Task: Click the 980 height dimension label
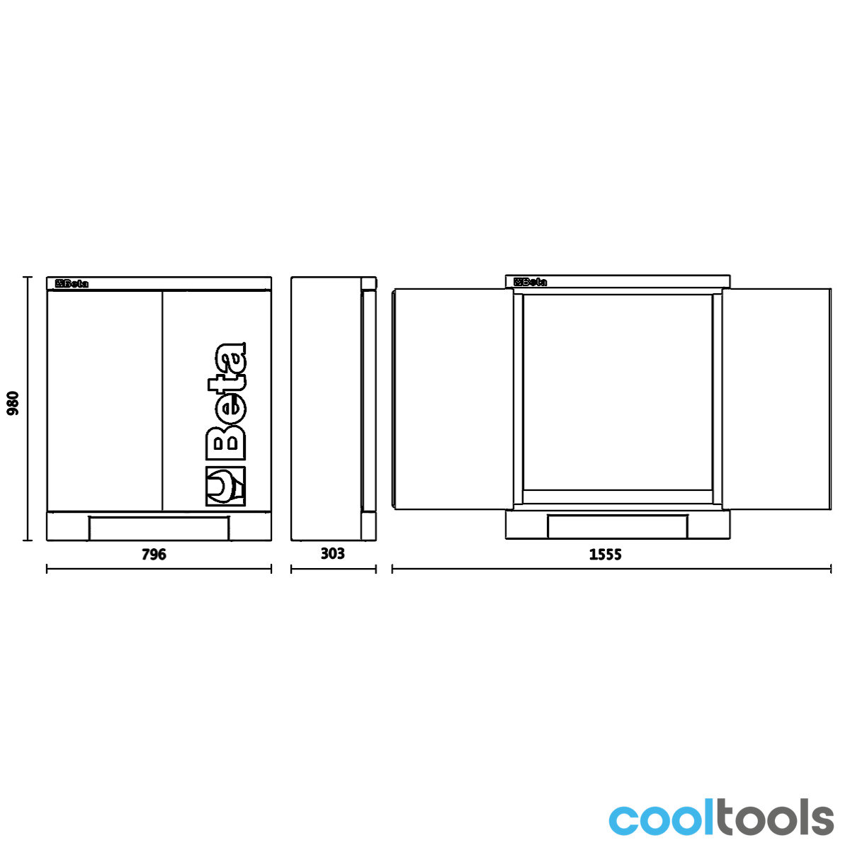[13, 403]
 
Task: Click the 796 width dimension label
[154, 554]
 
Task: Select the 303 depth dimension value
[333, 553]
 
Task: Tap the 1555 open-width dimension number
[605, 554]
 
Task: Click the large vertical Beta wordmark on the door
[225, 400]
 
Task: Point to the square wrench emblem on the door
[225, 486]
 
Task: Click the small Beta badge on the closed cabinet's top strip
[72, 283]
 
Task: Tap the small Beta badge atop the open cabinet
[531, 282]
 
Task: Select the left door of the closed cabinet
[105, 400]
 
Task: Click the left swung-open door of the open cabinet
[453, 399]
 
